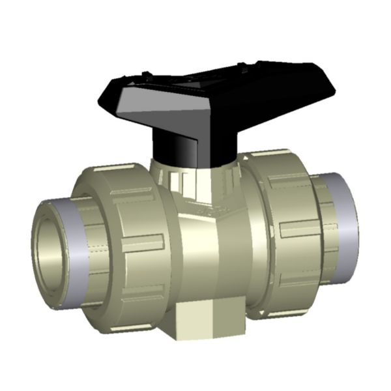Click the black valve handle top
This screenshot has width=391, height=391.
(x=215, y=81)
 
